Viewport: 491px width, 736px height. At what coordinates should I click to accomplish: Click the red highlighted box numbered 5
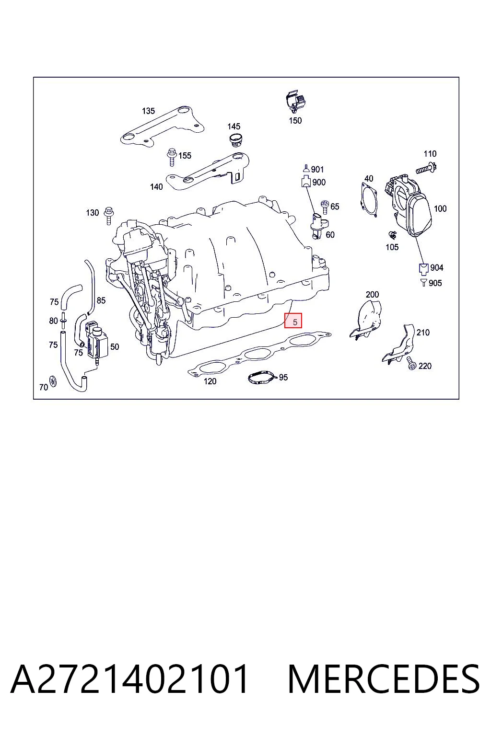(x=293, y=321)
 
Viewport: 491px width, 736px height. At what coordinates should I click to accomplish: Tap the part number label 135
(x=148, y=111)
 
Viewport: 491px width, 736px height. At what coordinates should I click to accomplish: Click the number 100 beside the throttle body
(x=440, y=208)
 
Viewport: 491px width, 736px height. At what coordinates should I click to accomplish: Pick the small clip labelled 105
(x=392, y=235)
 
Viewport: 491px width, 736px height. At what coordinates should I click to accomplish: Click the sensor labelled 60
(x=318, y=226)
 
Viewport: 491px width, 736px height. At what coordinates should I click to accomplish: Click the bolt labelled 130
(x=109, y=215)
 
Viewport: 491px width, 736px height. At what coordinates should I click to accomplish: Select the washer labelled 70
(x=53, y=381)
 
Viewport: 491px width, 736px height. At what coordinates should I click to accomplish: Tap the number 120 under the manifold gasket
(x=210, y=381)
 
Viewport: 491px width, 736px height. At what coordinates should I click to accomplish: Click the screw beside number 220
(x=412, y=363)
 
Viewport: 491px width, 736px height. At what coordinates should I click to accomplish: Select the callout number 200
(x=372, y=294)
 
